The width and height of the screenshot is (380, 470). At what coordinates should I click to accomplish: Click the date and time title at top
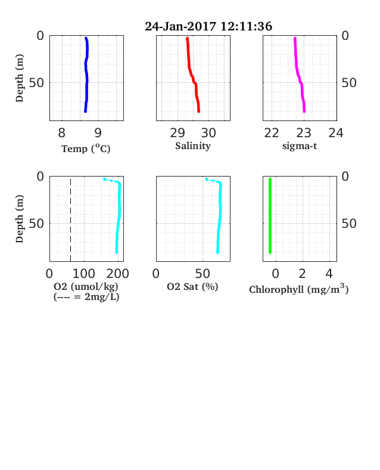[x=208, y=26]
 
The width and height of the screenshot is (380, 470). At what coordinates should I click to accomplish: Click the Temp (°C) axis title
[x=86, y=149]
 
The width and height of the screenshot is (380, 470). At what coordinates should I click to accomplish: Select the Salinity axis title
[x=193, y=146]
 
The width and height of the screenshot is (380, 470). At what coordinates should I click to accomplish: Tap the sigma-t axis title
[x=300, y=146]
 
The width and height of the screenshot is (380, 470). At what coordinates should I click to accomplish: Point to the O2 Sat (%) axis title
[x=192, y=287]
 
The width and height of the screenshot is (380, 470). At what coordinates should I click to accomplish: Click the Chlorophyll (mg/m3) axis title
[x=299, y=289]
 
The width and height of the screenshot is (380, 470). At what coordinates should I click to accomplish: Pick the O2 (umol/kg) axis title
[x=86, y=287]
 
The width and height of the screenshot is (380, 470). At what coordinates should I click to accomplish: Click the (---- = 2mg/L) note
[x=86, y=297]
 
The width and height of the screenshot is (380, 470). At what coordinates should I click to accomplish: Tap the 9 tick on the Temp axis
[x=98, y=133]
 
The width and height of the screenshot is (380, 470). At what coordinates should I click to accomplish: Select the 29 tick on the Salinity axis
[x=177, y=133]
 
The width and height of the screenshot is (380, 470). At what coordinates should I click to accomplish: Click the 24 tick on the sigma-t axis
[x=336, y=133]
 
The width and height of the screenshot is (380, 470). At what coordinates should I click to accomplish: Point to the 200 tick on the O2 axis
[x=118, y=274]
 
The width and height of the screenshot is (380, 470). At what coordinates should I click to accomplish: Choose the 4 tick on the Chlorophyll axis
[x=329, y=274]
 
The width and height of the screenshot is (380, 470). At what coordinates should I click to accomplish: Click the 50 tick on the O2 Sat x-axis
[x=203, y=274]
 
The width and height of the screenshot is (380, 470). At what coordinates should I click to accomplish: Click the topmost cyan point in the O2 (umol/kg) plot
[x=105, y=180]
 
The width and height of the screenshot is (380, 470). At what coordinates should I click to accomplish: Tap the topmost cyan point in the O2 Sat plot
[x=207, y=180]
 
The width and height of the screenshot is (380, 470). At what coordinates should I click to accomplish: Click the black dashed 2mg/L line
[x=71, y=220]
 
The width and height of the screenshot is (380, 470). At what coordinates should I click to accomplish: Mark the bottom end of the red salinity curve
[x=199, y=112]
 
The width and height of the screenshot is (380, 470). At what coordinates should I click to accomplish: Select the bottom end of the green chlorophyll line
[x=270, y=252]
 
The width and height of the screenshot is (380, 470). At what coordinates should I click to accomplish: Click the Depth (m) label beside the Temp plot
[x=20, y=78]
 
